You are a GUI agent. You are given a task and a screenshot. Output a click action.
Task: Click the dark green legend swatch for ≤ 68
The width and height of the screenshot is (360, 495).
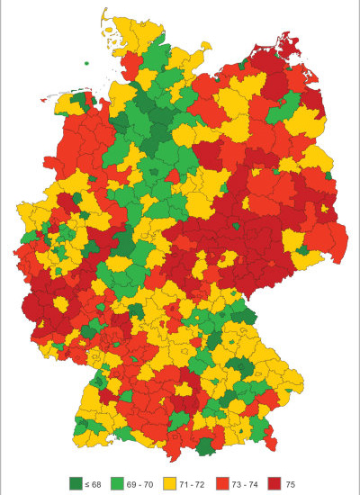click(x=75, y=483)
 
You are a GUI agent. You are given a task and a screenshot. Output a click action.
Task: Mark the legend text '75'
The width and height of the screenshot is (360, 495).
click(x=291, y=484)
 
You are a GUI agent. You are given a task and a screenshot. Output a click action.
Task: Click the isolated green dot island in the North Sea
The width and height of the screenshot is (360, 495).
click(x=87, y=63)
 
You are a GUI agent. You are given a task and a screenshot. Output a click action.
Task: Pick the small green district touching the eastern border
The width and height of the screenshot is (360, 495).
click(x=328, y=175)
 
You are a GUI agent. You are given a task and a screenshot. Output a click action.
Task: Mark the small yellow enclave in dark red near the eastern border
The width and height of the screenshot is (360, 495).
click(x=303, y=248)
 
